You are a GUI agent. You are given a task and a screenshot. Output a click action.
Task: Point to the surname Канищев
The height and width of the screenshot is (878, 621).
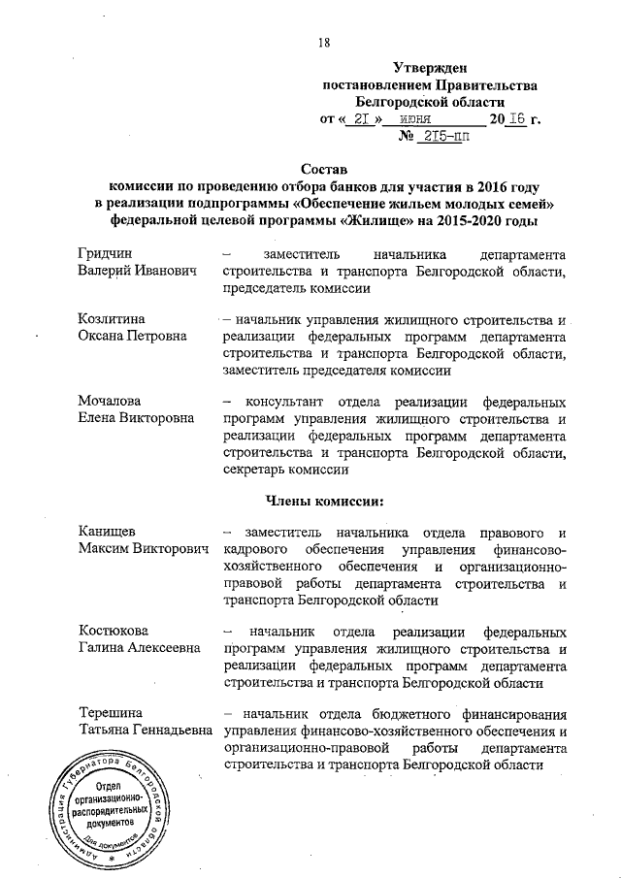tap(109, 533)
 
